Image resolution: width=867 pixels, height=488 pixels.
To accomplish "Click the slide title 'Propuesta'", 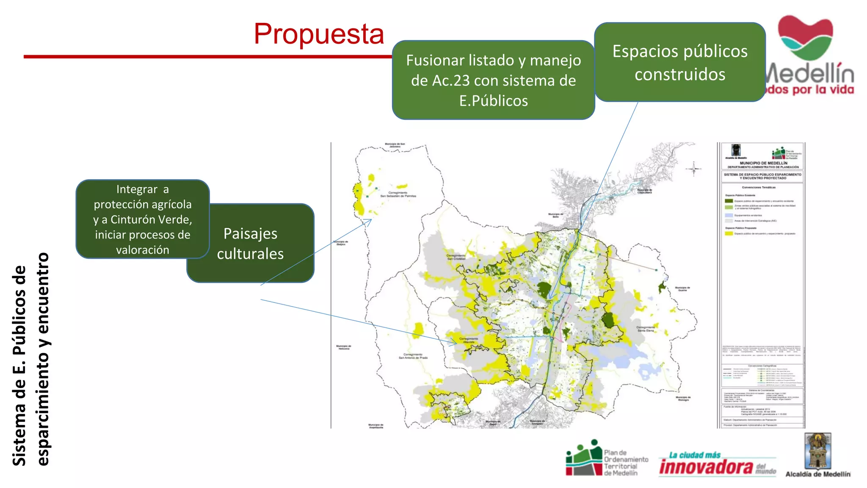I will point(319,34).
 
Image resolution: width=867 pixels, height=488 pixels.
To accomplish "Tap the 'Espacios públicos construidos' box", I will point(680,62).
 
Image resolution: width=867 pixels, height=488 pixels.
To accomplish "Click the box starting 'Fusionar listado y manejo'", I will point(493,80).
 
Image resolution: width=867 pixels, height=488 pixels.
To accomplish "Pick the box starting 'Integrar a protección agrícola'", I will point(142,219).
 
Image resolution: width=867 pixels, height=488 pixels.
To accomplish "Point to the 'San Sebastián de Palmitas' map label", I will point(398,194).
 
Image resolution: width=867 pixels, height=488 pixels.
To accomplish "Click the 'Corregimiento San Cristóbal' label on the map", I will point(456,257).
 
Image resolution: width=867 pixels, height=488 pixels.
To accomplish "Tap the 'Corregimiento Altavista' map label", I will point(469,340).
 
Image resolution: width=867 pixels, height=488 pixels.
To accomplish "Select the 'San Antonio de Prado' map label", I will point(413,356).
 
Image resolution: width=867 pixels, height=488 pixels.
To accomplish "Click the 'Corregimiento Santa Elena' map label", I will point(646,329).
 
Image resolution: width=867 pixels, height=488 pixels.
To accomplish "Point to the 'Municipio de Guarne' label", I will point(682,289).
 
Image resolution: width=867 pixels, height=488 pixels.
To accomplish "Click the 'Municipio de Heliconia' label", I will point(343,347).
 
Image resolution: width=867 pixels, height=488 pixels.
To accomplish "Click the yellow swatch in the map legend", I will point(729,233).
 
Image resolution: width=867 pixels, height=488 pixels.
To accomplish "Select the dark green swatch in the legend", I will point(729,201).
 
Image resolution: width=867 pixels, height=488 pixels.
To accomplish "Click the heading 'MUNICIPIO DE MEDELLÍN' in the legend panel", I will point(763,163).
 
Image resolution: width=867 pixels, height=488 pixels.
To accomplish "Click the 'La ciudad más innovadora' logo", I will point(717,464).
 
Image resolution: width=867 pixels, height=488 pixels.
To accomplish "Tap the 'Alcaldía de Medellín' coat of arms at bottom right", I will point(817,452).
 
